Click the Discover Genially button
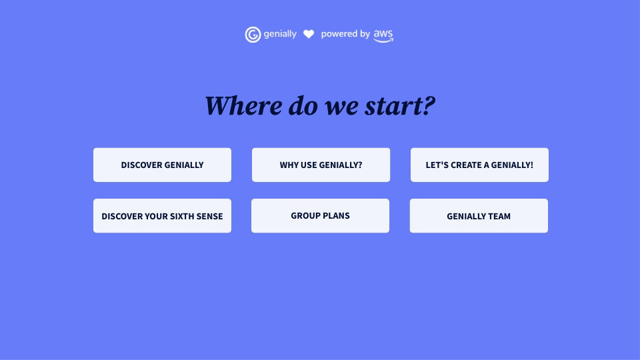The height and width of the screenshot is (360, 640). [x=162, y=165]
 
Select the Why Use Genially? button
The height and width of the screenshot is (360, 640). [x=321, y=165]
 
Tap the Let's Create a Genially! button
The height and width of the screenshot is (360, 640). [x=479, y=165]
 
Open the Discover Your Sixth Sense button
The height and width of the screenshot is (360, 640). [x=162, y=216]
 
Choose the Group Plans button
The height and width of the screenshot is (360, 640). [x=321, y=216]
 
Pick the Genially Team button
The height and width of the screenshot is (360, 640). [x=479, y=216]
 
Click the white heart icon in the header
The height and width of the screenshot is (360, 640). [x=309, y=34]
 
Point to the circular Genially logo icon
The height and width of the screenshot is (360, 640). [x=253, y=35]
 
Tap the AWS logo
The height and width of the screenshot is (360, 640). [x=383, y=35]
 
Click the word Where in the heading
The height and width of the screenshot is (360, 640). [x=244, y=106]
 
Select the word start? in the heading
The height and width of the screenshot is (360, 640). [x=400, y=106]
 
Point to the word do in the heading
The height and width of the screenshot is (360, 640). [x=303, y=106]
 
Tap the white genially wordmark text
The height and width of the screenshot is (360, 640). [x=280, y=34]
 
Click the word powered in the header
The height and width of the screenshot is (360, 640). [x=339, y=34]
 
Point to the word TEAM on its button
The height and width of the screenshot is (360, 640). [x=499, y=216]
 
